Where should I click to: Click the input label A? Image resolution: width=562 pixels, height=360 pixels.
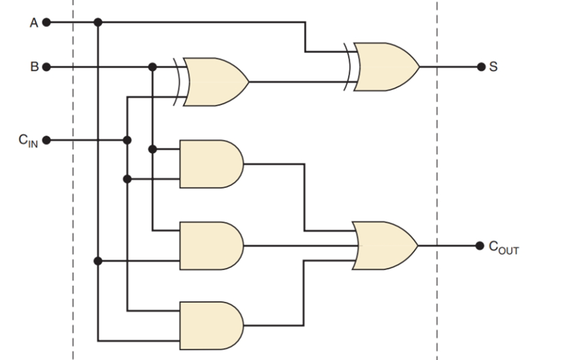[33, 23]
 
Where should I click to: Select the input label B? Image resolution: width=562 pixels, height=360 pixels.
[33, 67]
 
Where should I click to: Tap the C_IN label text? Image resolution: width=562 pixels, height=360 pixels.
[28, 141]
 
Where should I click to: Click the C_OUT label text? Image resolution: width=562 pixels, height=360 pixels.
[503, 248]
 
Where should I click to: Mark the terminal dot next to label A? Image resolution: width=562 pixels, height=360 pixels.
[47, 23]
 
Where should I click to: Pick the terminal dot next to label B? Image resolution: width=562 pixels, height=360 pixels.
[47, 67]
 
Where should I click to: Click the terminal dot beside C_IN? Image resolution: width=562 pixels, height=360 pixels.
[47, 140]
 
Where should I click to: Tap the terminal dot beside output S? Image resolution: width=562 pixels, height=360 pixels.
[481, 67]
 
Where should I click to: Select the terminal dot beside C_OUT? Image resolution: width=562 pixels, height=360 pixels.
[481, 246]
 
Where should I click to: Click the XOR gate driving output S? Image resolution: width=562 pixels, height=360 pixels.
[385, 67]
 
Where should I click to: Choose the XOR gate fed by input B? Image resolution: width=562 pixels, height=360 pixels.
[214, 81]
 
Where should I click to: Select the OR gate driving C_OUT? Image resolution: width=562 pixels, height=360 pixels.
[384, 246]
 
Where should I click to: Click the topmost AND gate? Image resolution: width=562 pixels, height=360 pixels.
[211, 163]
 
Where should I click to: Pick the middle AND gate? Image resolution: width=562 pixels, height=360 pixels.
[211, 246]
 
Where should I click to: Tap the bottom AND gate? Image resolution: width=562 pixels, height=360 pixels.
[211, 325]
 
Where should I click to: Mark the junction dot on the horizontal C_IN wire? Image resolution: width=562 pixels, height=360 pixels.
[127, 140]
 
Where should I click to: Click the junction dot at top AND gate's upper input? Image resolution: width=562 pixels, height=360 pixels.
[153, 149]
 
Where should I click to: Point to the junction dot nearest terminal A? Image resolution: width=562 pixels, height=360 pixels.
[98, 23]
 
